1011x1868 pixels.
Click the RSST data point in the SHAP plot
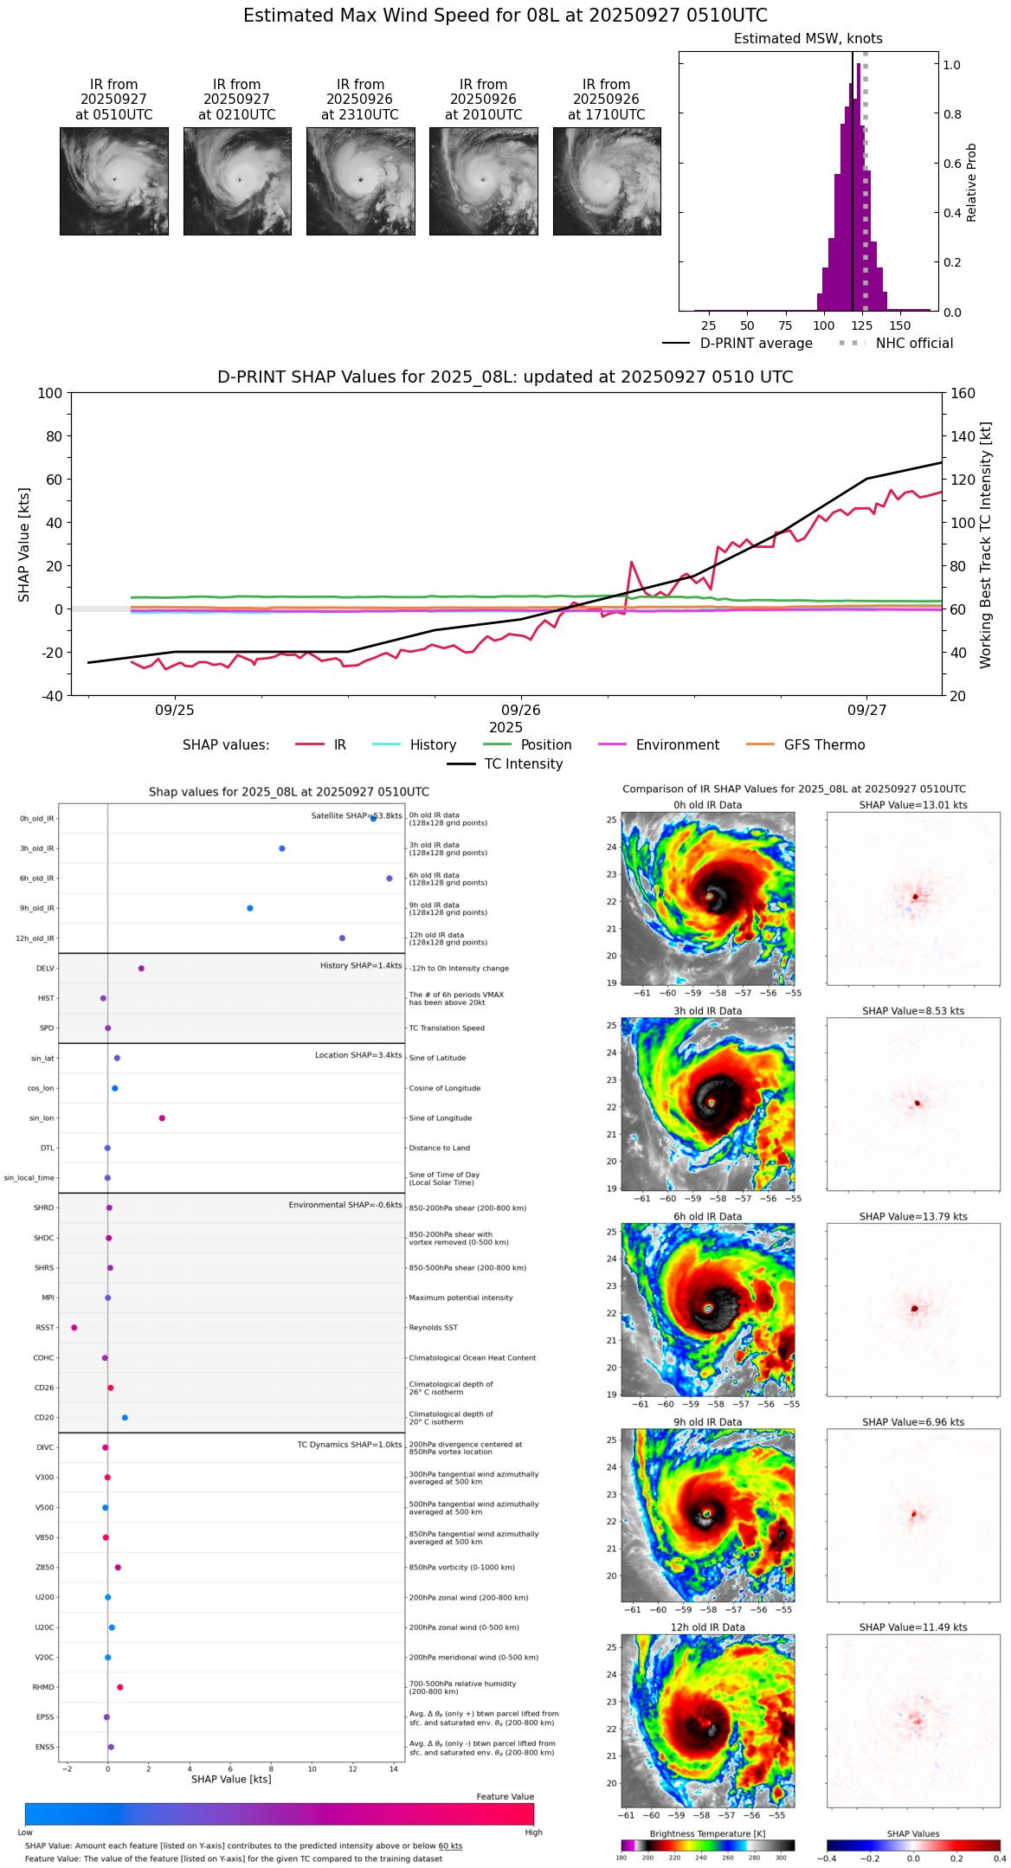tap(74, 1327)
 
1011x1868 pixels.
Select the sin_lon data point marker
tap(162, 1118)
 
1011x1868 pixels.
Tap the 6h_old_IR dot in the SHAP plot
tap(390, 878)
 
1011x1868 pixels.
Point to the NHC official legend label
tap(914, 343)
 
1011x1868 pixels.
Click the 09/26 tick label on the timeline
tap(521, 710)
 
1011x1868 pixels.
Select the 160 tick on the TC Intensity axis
tap(963, 393)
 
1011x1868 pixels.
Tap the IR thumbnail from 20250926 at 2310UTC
tap(360, 181)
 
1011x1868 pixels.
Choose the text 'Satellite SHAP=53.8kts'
tap(357, 815)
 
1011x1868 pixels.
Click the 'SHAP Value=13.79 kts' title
tap(913, 1216)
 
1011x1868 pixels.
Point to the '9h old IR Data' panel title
tap(707, 1421)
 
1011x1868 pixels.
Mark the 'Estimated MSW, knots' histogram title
tap(808, 39)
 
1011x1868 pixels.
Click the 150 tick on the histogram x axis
tap(900, 325)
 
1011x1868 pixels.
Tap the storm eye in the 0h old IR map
tap(709, 896)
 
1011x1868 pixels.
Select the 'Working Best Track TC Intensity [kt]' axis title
tap(986, 545)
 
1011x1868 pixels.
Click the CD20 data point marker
tap(125, 1417)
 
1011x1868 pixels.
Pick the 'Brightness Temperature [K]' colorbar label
tap(707, 1833)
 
